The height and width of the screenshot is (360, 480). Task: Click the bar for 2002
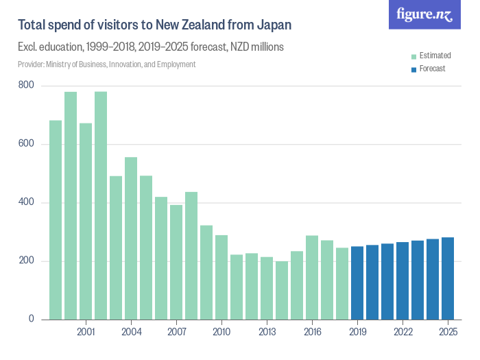[101, 206]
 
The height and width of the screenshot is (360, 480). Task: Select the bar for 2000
[71, 206]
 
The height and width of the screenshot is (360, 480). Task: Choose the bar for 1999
[56, 220]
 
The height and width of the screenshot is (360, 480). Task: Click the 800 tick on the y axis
[27, 86]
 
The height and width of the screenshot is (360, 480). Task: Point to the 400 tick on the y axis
[27, 203]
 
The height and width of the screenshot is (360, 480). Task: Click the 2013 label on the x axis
[267, 333]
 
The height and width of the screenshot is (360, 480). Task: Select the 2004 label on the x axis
[131, 333]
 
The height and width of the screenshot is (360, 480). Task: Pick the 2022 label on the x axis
[403, 333]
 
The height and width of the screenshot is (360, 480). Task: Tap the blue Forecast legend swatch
[413, 69]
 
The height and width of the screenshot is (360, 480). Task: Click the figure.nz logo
[424, 14]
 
